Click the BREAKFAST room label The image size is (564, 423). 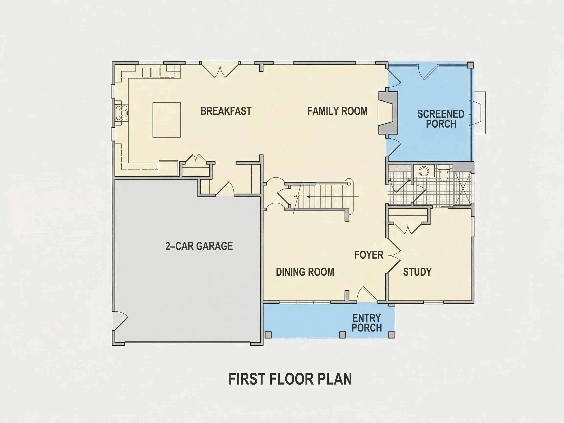click(x=226, y=111)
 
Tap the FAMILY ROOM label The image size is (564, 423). click(x=338, y=111)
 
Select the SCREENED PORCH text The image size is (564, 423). click(x=441, y=119)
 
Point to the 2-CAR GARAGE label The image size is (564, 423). click(x=199, y=246)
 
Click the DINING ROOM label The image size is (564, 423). click(x=305, y=272)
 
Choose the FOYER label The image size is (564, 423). click(x=369, y=255)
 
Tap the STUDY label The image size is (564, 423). click(x=417, y=272)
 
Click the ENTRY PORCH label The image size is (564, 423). click(x=367, y=323)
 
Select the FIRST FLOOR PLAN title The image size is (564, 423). click(x=290, y=379)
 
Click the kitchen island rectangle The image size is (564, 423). click(x=167, y=120)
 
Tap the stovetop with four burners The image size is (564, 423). click(x=122, y=113)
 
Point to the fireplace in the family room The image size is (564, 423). click(x=388, y=112)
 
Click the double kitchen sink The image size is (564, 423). click(x=151, y=72)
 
